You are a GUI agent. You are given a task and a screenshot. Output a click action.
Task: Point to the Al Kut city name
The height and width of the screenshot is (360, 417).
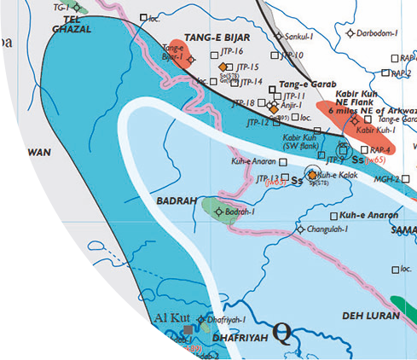171,319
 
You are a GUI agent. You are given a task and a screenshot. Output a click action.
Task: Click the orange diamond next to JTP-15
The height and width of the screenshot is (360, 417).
223,67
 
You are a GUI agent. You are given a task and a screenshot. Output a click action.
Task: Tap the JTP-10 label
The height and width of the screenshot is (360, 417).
292,55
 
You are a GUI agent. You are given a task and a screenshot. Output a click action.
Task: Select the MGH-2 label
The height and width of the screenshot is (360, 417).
386,179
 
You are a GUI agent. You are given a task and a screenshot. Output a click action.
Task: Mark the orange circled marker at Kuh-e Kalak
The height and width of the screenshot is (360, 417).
312,174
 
